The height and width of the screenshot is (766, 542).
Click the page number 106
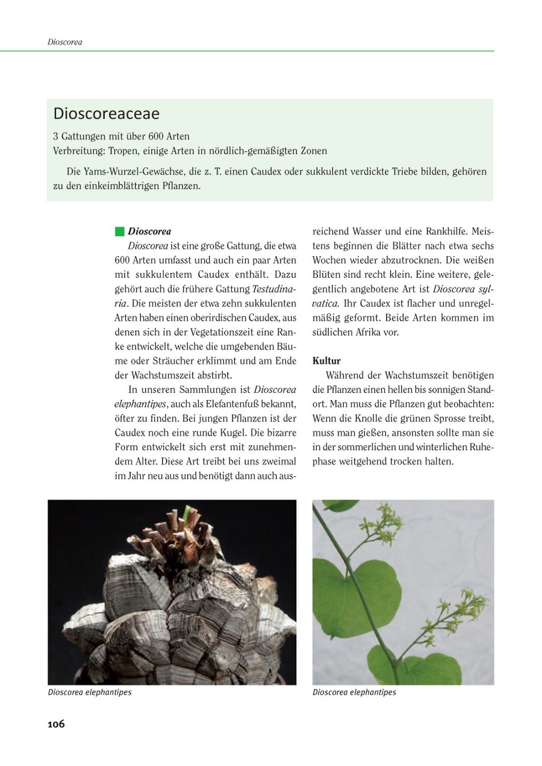(56, 724)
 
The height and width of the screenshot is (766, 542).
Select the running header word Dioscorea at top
(64, 42)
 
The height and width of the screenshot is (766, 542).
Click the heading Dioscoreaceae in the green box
(106, 113)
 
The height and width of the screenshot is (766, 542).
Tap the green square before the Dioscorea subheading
(119, 231)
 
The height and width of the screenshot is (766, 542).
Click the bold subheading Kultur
(326, 361)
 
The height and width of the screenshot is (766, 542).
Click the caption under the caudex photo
(90, 692)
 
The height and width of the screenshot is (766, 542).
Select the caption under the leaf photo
(354, 692)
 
